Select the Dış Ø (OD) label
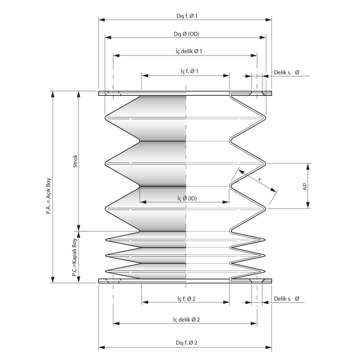186,34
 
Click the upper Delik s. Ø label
286,73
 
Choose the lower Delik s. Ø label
286,299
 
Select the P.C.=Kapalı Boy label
74,257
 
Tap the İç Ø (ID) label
186,198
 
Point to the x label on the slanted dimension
260,179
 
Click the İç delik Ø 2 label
186,319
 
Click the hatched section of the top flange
241,93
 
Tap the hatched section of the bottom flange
241,281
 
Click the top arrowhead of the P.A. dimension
53,94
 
